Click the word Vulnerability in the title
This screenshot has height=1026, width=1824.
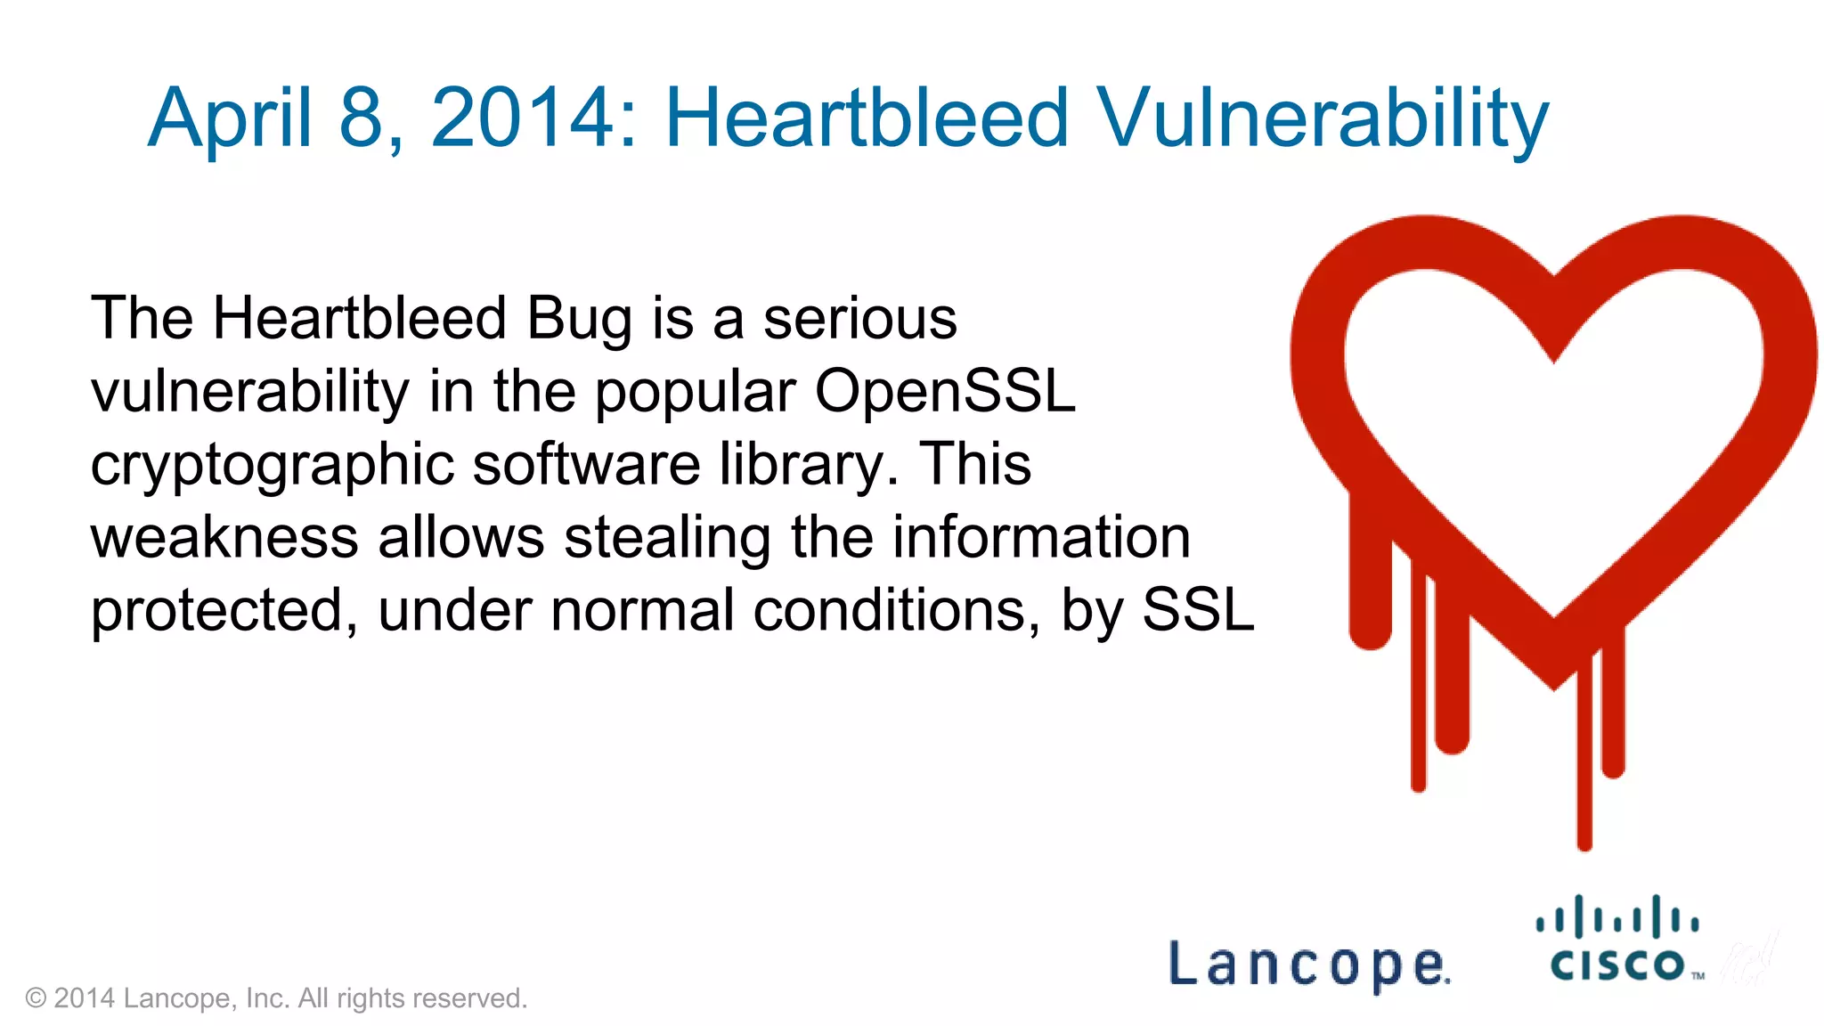[x=1322, y=119]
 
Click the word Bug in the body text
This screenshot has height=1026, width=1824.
[x=578, y=320]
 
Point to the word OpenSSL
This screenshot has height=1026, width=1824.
[x=945, y=392]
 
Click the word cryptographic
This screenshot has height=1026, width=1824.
[x=272, y=466]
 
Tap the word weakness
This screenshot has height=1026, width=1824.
[x=224, y=538]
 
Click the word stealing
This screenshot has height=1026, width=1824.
[x=667, y=538]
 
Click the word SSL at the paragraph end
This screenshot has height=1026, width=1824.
[x=1198, y=611]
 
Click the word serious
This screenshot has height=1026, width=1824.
[x=859, y=320]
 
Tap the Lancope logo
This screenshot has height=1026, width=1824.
[x=1308, y=965]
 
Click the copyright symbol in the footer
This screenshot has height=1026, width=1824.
[x=36, y=998]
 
